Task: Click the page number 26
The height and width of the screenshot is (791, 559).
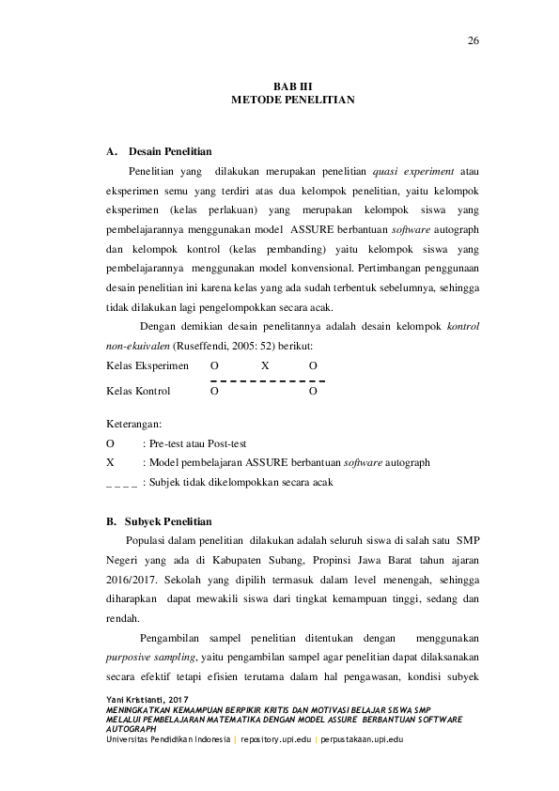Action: [x=474, y=40]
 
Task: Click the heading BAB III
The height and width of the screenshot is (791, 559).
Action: [x=279, y=85]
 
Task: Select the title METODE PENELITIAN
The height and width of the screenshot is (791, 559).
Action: [x=279, y=99]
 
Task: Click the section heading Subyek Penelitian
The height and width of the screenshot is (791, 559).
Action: [x=168, y=521]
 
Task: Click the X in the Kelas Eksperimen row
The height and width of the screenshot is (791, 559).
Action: [x=265, y=365]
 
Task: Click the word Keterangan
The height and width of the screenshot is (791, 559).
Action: [x=133, y=424]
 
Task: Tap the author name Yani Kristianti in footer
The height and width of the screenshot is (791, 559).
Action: [x=140, y=701]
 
